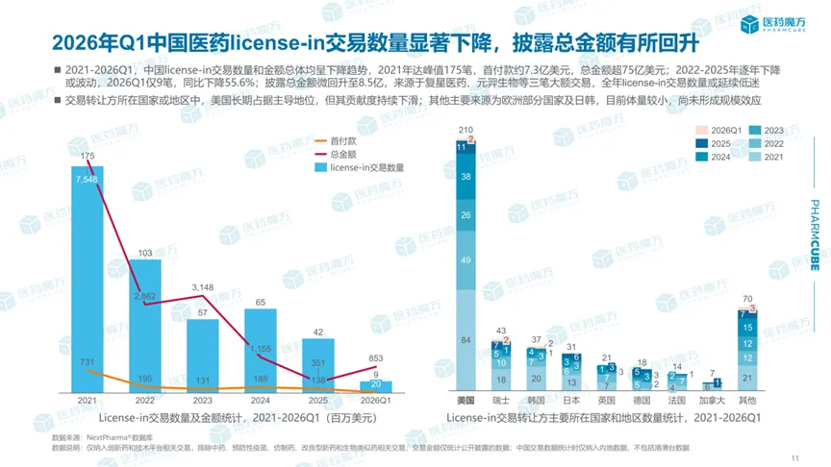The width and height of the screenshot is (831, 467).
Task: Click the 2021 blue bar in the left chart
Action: tap(88, 288)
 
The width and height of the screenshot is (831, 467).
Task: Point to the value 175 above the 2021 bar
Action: tap(88, 157)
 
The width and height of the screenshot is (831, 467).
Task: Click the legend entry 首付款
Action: tap(342, 142)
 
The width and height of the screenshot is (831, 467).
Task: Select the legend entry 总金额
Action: tap(342, 155)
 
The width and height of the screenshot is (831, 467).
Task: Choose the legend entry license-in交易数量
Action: tap(366, 167)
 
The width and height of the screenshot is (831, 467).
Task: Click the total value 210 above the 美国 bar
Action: tap(467, 130)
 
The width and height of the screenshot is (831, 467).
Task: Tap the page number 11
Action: tap(794, 456)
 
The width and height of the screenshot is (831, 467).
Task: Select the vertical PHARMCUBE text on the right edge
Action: tap(815, 236)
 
